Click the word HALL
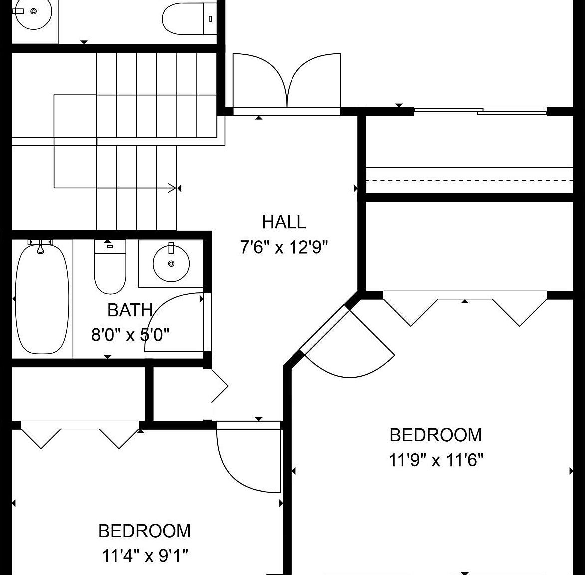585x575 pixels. [x=284, y=222]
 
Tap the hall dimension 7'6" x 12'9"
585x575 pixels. [x=284, y=247]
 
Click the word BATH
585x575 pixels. [x=130, y=310]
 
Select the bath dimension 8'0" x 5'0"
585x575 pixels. [x=130, y=334]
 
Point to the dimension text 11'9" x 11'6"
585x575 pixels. [x=436, y=460]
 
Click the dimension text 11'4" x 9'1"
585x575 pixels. [x=145, y=555]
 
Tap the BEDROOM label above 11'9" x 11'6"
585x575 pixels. [x=436, y=435]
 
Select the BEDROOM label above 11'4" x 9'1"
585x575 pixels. [x=145, y=531]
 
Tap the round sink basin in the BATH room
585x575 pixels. [x=171, y=263]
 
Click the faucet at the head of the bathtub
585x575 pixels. [x=41, y=246]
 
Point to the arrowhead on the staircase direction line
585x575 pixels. [x=172, y=188]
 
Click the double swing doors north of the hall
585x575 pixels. [x=287, y=82]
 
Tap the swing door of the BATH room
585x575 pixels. [x=175, y=324]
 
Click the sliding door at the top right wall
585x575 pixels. [x=479, y=112]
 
